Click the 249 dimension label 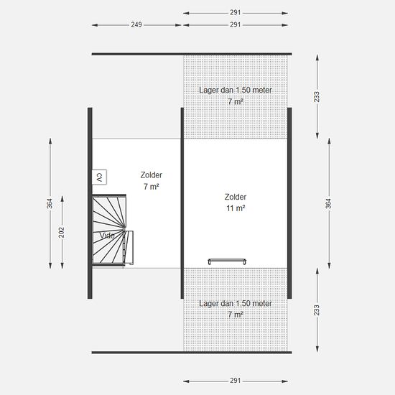tap(136, 24)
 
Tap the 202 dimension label tap(62, 232)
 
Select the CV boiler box tap(99, 177)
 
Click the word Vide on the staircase tap(107, 236)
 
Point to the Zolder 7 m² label tap(151, 180)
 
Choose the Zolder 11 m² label tap(236, 203)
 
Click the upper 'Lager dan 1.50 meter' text tap(236, 90)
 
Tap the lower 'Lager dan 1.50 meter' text tap(236, 303)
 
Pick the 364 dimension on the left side tap(50, 203)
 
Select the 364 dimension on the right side tap(328, 203)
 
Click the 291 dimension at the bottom tap(236, 381)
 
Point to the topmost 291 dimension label tap(236, 13)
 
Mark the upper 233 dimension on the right tap(317, 97)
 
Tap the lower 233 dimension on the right tap(317, 310)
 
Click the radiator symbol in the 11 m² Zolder tap(227, 261)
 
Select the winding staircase tap(109, 230)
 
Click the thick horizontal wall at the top tap(192, 54)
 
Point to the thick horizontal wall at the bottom tap(192, 353)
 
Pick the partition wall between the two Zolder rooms tap(182, 203)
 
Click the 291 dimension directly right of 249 tap(236, 24)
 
